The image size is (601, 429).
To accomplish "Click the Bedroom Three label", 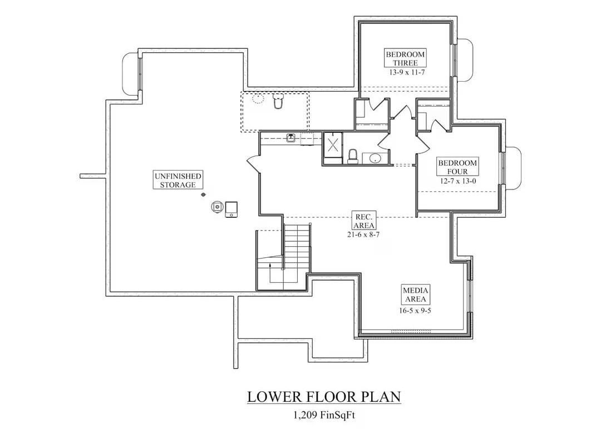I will coord(405,58).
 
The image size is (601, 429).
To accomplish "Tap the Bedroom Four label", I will coord(457,167).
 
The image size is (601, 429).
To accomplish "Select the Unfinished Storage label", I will coord(178,180).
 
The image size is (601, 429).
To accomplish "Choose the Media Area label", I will coord(416,295).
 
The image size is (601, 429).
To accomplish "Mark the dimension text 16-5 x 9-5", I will coord(416,311).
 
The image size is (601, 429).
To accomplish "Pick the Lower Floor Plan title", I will coord(324,397).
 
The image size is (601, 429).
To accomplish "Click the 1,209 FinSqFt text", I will coord(324,414).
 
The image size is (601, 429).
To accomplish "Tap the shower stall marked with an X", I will coord(333,146).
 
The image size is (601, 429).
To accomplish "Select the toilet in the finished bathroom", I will coord(352,156).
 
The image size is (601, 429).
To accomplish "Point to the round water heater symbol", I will coord(217,207).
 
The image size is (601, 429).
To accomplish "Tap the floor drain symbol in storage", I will coord(204,194).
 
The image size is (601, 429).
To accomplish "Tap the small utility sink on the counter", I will coord(290,138).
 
